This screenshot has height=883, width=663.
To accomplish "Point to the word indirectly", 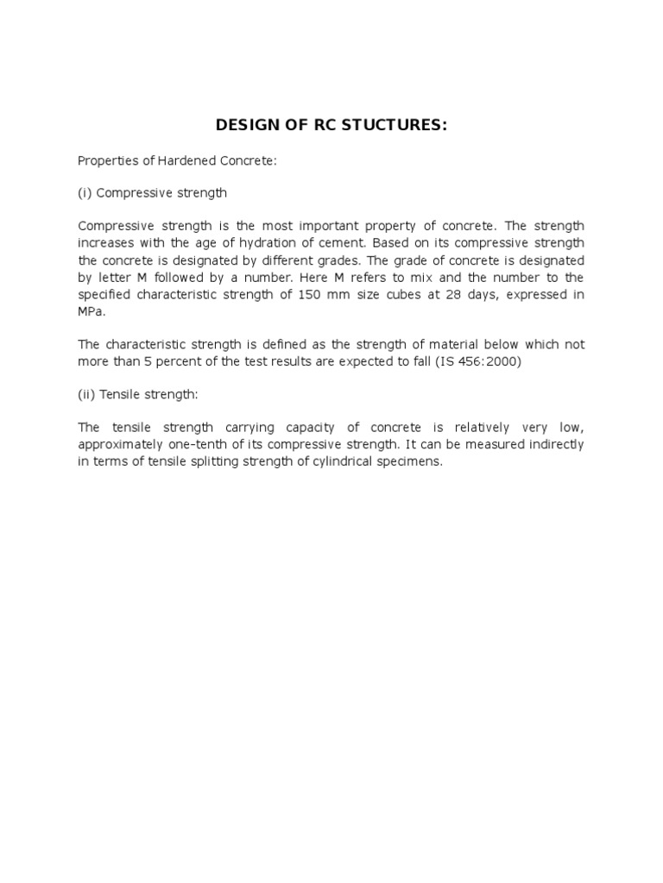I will click(552, 445).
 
